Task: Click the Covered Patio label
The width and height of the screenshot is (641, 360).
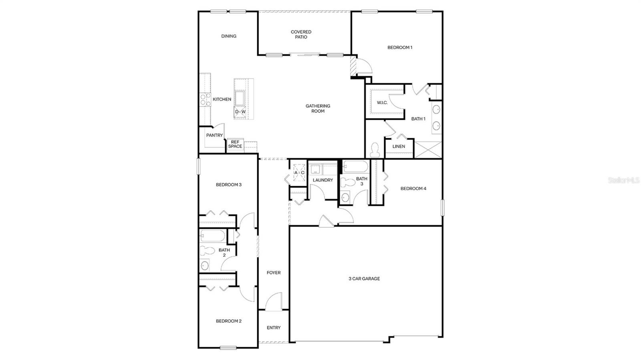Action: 301,34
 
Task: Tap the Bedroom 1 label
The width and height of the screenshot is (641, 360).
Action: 399,47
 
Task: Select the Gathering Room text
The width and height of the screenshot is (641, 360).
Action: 318,109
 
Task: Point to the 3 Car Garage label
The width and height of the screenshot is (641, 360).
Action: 364,279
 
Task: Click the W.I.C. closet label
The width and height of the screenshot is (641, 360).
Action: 382,103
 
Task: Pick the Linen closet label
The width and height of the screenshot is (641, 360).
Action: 398,147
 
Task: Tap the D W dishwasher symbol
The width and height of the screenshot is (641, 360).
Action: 240,112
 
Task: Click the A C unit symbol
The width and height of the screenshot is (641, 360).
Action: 299,173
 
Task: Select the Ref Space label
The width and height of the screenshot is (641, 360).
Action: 235,144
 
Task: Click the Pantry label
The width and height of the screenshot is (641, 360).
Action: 214,135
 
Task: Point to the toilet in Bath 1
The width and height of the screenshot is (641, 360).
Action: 375,150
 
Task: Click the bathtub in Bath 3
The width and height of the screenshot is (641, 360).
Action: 355,167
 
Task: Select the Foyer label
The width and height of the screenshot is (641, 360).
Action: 274,273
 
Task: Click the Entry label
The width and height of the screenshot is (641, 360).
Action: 274,328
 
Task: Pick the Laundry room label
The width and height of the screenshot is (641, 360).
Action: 323,180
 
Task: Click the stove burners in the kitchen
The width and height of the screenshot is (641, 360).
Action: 206,99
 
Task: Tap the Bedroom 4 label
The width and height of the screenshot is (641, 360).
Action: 413,188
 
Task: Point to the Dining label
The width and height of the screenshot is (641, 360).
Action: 229,36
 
